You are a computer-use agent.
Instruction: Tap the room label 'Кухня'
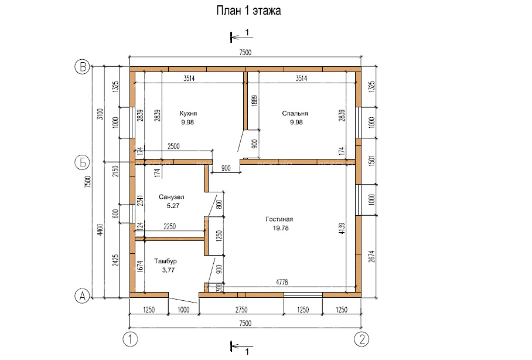tap(189, 113)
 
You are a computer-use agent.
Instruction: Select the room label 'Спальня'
tap(295, 113)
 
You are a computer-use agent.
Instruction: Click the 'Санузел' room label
tap(171, 198)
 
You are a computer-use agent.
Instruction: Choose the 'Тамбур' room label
tap(166, 261)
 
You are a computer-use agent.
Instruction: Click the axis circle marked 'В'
tap(83, 67)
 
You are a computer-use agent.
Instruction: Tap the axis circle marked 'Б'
tap(83, 161)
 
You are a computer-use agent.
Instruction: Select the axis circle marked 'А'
tap(83, 297)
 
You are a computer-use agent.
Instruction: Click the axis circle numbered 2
tap(363, 339)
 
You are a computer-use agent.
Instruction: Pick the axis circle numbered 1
tap(129, 339)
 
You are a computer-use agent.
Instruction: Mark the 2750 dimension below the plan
tap(241, 309)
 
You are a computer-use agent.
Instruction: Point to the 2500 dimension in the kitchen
tap(174, 145)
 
